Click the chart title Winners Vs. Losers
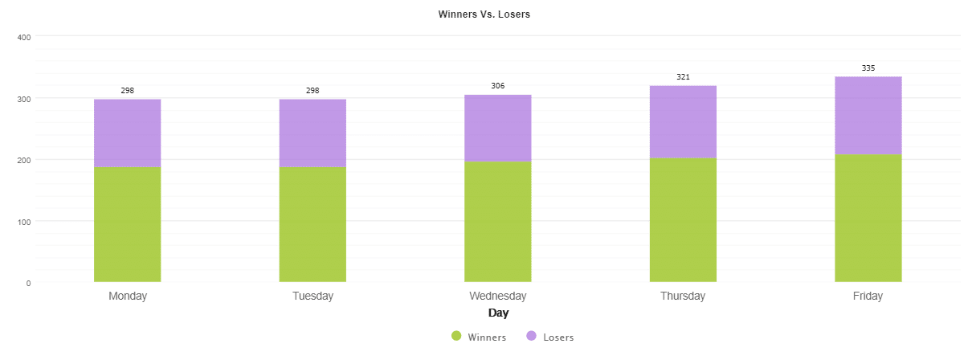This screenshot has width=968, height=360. tap(484, 14)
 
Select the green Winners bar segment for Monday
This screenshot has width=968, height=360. tap(127, 224)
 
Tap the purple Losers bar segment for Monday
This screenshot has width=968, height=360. tap(127, 133)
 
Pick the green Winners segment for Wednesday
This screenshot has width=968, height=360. tap(497, 222)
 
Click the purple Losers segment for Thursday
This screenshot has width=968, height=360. tap(683, 121)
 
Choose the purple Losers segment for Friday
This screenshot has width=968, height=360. tap(868, 115)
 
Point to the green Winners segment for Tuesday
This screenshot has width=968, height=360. tap(312, 224)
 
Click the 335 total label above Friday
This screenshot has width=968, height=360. tap(868, 68)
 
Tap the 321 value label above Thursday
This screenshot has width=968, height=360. tap(683, 77)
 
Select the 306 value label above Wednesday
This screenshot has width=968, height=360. tap(497, 86)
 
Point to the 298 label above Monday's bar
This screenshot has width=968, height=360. tap(127, 91)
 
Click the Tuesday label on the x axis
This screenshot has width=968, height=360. tap(312, 296)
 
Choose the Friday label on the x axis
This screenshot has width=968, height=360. tap(868, 296)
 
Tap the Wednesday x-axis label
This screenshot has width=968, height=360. tap(497, 296)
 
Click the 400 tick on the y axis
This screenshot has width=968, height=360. tap(23, 37)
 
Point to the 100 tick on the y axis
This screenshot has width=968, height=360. tap(23, 221)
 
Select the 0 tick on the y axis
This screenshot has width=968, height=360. tap(28, 283)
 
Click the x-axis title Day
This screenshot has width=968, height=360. tap(498, 313)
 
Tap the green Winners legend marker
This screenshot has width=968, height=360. tap(456, 337)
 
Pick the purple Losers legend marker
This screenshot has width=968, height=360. tap(531, 337)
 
